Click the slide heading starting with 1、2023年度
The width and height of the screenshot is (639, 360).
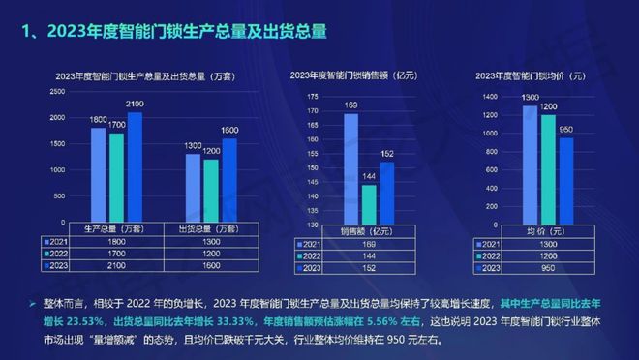point(174,31)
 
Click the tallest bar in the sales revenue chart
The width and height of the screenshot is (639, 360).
point(350,160)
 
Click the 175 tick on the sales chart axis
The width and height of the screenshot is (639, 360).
point(312,97)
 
